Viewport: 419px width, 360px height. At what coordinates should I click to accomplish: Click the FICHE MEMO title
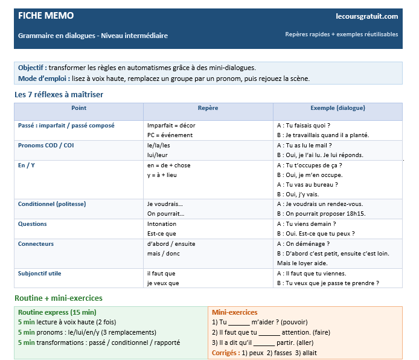coord(46,16)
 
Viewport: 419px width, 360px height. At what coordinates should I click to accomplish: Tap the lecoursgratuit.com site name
coord(366,16)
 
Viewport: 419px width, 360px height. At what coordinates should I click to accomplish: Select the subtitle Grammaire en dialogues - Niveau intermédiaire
coord(93,36)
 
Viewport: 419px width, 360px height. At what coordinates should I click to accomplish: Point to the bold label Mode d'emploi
coord(43,79)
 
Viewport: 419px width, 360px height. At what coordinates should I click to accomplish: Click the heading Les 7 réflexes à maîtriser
coord(63,95)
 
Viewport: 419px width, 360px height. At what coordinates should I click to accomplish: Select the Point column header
coord(78,108)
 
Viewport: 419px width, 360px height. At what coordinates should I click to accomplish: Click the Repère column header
coord(208,108)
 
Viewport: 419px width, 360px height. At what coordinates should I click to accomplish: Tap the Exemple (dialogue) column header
coord(337,108)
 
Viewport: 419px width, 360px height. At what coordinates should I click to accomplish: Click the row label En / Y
coord(27,165)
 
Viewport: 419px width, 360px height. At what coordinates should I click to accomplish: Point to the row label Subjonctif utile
coord(40,273)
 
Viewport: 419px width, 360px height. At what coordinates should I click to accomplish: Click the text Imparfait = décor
coord(171,126)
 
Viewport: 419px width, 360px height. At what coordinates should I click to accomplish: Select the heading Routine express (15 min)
coord(57,312)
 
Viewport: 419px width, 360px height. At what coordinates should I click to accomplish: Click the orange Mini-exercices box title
coord(234,312)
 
